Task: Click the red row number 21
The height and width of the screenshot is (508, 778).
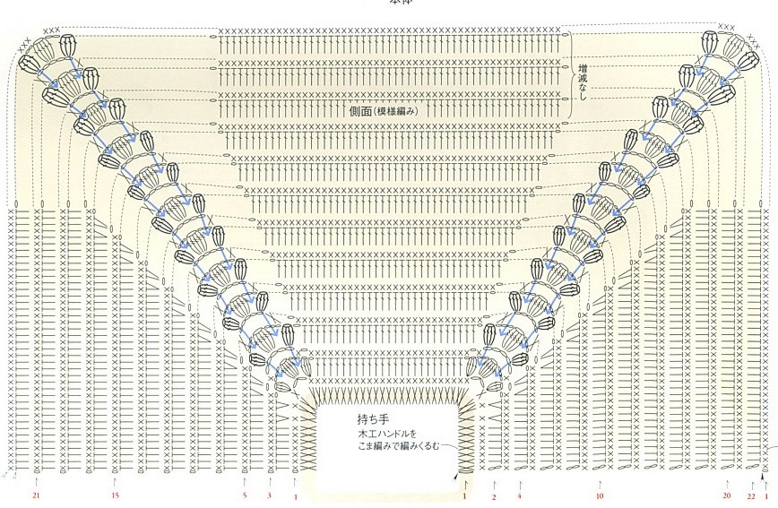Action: click(x=36, y=495)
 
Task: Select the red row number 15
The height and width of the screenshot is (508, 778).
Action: click(x=115, y=495)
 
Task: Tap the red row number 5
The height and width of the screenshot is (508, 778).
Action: click(x=244, y=495)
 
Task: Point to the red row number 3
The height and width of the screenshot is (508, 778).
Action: click(x=269, y=495)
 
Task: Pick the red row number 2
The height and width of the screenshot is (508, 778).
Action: click(x=494, y=497)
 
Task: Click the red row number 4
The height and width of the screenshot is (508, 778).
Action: click(x=519, y=495)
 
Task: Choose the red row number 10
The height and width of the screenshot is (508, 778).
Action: click(x=599, y=495)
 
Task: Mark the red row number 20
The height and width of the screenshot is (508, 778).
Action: click(x=727, y=495)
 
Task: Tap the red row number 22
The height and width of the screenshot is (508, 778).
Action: click(x=751, y=495)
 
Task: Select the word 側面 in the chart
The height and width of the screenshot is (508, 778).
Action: click(x=361, y=111)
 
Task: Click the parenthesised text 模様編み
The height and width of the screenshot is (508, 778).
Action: click(x=400, y=111)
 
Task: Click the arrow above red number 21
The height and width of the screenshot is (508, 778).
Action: click(x=36, y=482)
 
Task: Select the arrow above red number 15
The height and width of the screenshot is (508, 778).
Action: click(x=115, y=482)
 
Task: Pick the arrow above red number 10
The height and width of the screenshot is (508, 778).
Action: click(x=599, y=482)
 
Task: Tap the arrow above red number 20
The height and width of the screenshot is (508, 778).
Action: click(x=727, y=482)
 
